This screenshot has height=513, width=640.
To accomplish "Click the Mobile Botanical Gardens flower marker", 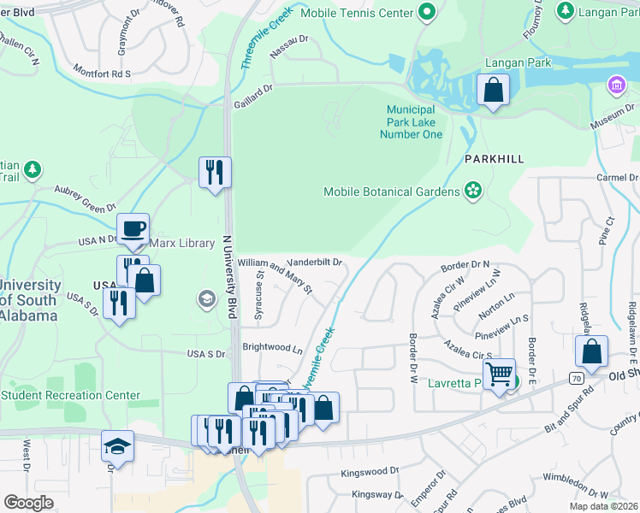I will (472, 191).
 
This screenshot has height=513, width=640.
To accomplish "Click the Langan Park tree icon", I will (565, 10).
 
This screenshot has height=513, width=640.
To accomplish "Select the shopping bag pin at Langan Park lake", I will (494, 91).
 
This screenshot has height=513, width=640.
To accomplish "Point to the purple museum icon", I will (615, 85).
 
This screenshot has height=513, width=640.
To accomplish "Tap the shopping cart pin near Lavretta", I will (499, 374).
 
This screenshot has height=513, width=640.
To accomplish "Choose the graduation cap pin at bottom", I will (117, 446).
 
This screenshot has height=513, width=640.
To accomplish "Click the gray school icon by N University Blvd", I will (206, 298).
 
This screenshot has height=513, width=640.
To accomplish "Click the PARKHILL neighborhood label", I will (494, 160).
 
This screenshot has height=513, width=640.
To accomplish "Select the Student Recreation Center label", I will (70, 395).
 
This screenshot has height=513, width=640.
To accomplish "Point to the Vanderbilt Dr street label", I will (313, 262).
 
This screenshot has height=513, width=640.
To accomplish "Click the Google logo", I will (29, 503).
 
